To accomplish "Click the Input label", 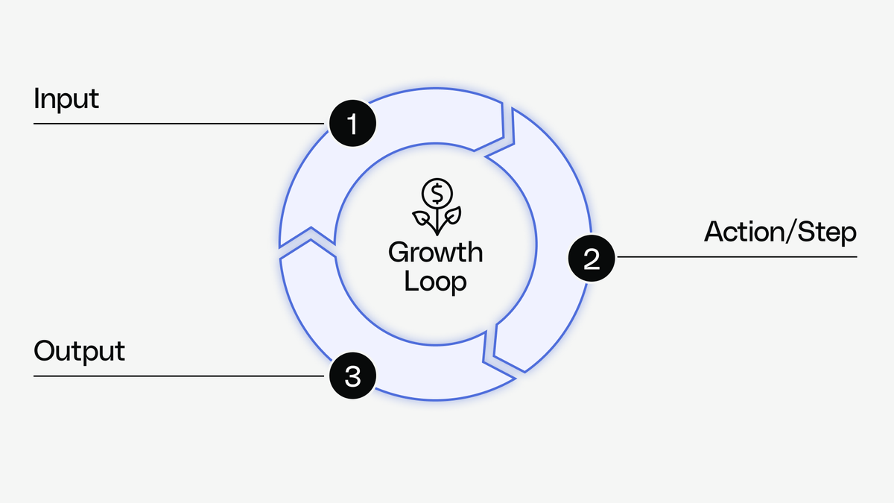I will point(66,99).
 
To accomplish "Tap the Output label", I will point(79,351).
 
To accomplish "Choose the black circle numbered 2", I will point(592,258).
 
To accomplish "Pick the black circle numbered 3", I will point(353,376).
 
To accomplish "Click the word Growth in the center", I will point(436,253).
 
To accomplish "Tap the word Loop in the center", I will point(436,282).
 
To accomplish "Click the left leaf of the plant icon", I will point(423,218).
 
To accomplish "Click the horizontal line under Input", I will point(179,124).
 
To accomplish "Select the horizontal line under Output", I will point(179,376).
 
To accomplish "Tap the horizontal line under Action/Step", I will point(738,258).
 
